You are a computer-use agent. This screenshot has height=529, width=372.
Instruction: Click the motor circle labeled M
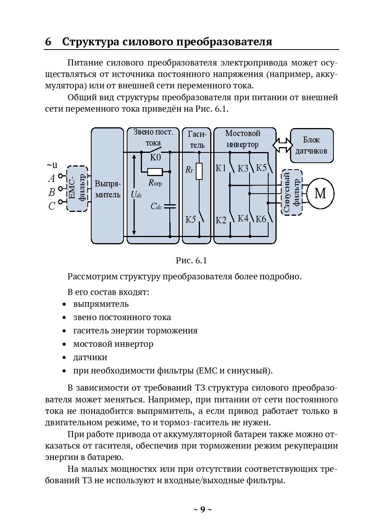tap(320, 193)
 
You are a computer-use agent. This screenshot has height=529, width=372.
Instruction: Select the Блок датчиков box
tap(312, 145)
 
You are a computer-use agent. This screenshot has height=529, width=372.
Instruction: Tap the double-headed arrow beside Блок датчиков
tap(283, 145)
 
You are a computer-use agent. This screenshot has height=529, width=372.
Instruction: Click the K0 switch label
tap(155, 157)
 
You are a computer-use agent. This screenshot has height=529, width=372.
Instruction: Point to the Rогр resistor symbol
tap(155, 172)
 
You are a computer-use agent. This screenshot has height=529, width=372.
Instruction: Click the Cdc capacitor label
tap(156, 207)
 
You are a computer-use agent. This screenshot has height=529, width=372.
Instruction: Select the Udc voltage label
tap(136, 195)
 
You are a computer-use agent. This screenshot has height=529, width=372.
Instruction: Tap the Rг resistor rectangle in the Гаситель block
tap(199, 171)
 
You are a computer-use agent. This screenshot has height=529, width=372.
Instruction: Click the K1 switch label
tap(221, 168)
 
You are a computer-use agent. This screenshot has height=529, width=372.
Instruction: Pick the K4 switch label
tap(243, 218)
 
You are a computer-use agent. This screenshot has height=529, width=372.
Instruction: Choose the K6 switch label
tap(261, 219)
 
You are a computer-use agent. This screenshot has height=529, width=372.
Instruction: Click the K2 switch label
tap(221, 220)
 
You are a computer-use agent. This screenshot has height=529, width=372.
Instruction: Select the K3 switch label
tap(243, 168)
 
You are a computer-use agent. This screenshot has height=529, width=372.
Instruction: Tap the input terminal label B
tap(52, 192)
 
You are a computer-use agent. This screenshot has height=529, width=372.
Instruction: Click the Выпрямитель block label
tap(108, 189)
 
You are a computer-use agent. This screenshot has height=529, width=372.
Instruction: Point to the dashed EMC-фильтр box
tap(77, 188)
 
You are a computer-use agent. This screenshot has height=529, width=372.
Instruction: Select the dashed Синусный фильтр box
tap(292, 192)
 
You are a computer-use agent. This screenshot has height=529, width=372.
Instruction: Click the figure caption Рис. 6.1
tap(191, 261)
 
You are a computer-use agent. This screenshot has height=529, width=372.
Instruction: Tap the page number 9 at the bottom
tap(203, 510)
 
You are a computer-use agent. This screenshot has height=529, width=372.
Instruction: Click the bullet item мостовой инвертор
tap(113, 344)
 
